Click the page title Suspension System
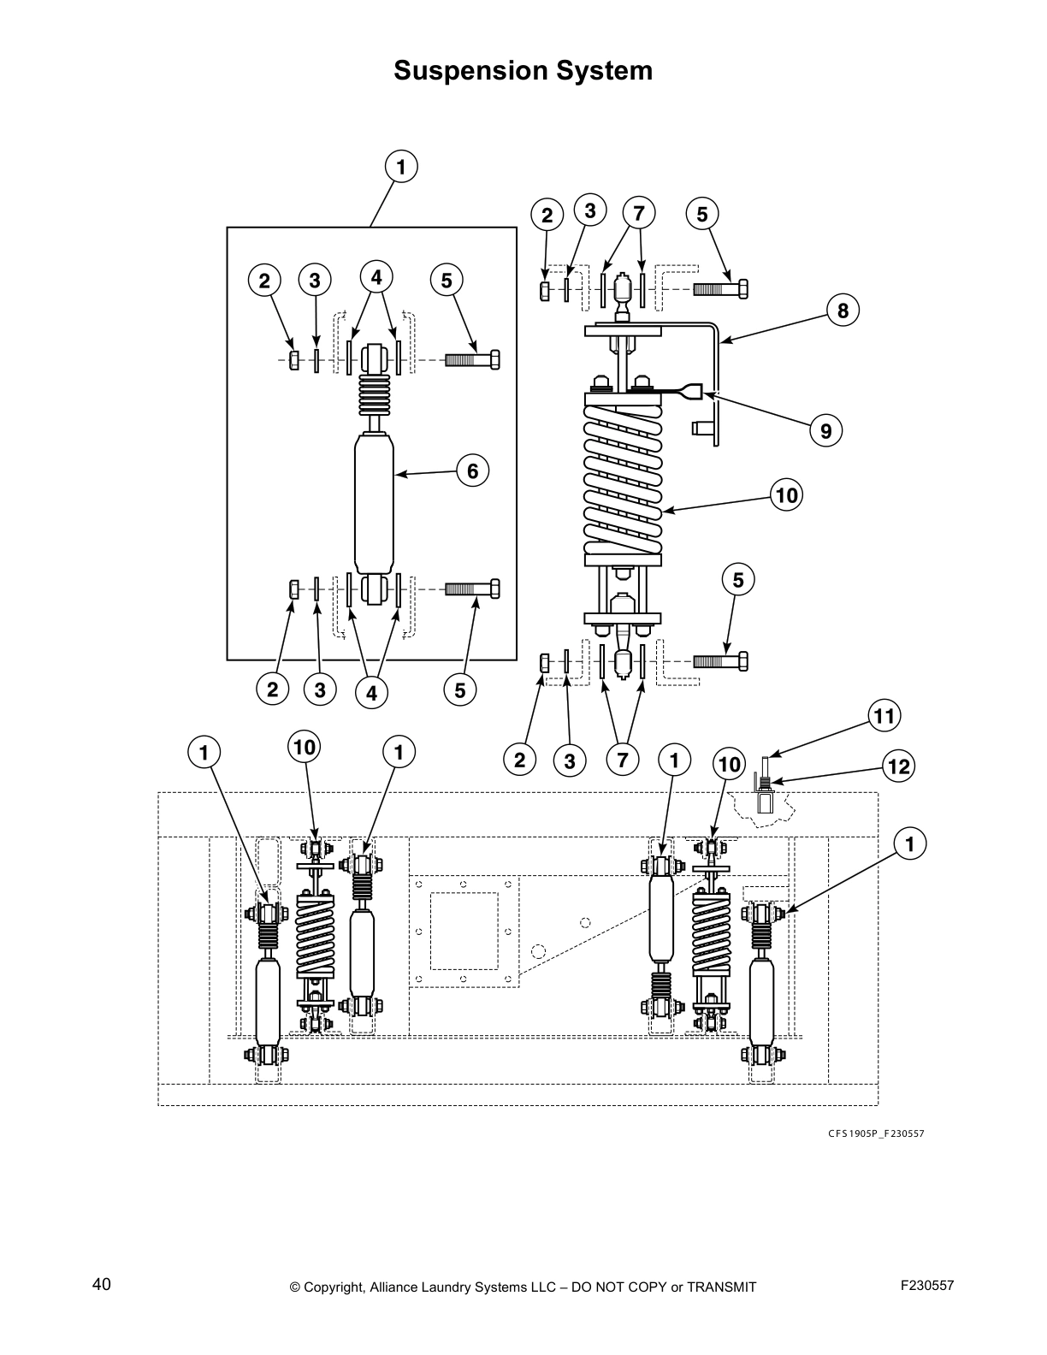pyautogui.click(x=523, y=70)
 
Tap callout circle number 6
pyautogui.click(x=472, y=470)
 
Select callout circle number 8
pyautogui.click(x=843, y=311)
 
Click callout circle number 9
pyautogui.click(x=825, y=431)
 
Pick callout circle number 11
pyautogui.click(x=884, y=715)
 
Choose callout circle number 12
pyautogui.click(x=899, y=766)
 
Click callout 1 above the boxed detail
pyautogui.click(x=401, y=167)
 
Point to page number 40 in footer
pyautogui.click(x=101, y=1284)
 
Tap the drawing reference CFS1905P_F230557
pyautogui.click(x=875, y=1134)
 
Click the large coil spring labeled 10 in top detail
pyautogui.click(x=624, y=479)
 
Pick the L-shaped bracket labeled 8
pyautogui.click(x=717, y=376)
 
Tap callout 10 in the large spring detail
pyautogui.click(x=785, y=494)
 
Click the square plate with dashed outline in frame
pyautogui.click(x=464, y=931)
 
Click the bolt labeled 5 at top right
pyautogui.click(x=720, y=289)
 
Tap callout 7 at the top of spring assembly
pyautogui.click(x=638, y=211)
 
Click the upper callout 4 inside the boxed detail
pyautogui.click(x=376, y=277)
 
